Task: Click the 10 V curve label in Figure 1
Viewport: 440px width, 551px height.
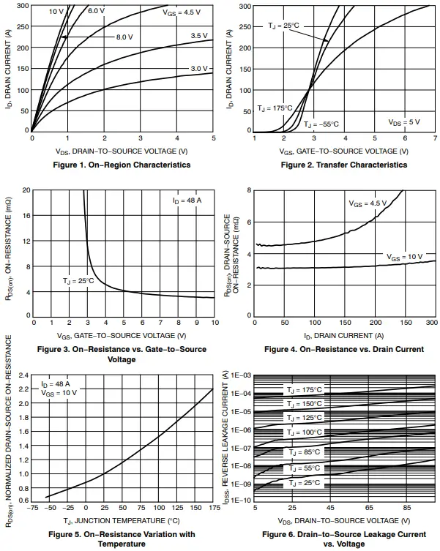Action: (56, 12)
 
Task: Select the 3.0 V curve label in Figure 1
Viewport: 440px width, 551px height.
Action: (199, 68)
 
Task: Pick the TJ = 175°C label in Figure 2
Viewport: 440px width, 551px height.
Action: (272, 108)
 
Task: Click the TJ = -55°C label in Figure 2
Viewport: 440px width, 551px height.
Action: (321, 124)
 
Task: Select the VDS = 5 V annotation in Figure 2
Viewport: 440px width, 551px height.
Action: (403, 122)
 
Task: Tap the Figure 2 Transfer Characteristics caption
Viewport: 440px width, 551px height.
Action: (343, 165)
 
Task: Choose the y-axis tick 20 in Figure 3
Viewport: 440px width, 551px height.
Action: (26, 190)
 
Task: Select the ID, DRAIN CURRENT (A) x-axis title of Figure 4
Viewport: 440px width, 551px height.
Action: (343, 335)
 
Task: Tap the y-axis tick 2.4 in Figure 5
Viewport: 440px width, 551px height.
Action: (23, 375)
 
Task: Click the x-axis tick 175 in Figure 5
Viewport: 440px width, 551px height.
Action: (213, 507)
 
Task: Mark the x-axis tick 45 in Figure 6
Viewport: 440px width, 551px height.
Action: (331, 507)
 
